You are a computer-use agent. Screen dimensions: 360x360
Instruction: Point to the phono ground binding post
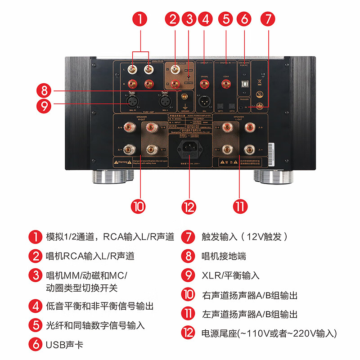(184, 96)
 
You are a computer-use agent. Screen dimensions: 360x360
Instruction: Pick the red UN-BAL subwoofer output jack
(205, 84)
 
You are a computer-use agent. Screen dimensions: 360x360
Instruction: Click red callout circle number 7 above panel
(268, 19)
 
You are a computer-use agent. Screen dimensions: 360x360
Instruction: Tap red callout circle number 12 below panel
(189, 207)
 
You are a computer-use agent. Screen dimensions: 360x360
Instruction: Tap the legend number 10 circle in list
(188, 296)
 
